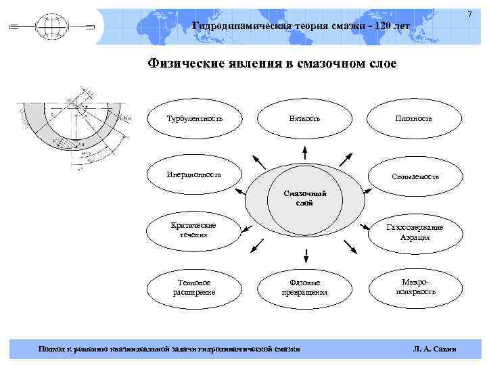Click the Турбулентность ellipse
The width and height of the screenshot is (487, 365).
pyautogui.click(x=194, y=118)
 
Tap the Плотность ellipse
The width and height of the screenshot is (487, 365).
pyautogui.click(x=414, y=118)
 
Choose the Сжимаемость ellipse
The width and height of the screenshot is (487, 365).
pyautogui.click(x=415, y=176)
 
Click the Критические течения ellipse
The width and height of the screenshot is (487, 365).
pyautogui.click(x=194, y=230)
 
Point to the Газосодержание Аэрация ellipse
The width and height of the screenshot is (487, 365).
pyautogui.click(x=415, y=233)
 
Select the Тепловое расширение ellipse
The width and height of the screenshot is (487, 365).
pyautogui.click(x=194, y=287)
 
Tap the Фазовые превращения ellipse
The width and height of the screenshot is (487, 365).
pyautogui.click(x=304, y=287)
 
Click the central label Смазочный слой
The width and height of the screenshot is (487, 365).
pyautogui.click(x=304, y=198)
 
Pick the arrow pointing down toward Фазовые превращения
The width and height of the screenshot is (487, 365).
pyautogui.click(x=306, y=255)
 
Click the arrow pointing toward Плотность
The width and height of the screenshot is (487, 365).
pyautogui.click(x=346, y=160)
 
